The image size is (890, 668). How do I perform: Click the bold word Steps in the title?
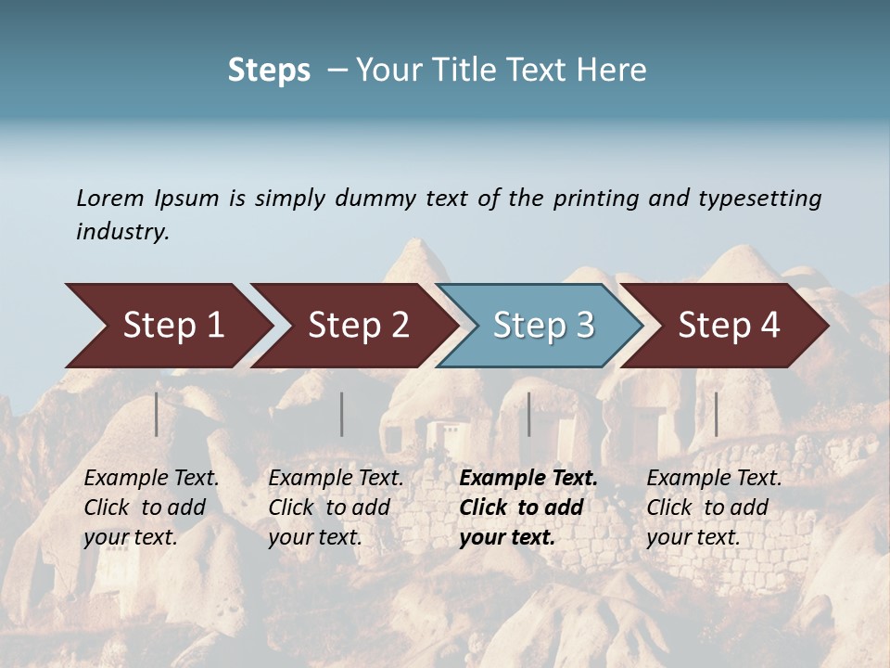click(x=269, y=71)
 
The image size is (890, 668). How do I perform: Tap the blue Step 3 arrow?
click(x=543, y=325)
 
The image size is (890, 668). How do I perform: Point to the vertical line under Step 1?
click(x=157, y=414)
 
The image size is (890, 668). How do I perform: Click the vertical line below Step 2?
click(x=342, y=414)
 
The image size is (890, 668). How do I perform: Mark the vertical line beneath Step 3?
click(x=528, y=414)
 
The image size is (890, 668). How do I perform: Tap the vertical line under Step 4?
click(x=716, y=414)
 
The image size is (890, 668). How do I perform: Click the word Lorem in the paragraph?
click(x=109, y=198)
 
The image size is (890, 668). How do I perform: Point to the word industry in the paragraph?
click(x=122, y=232)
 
